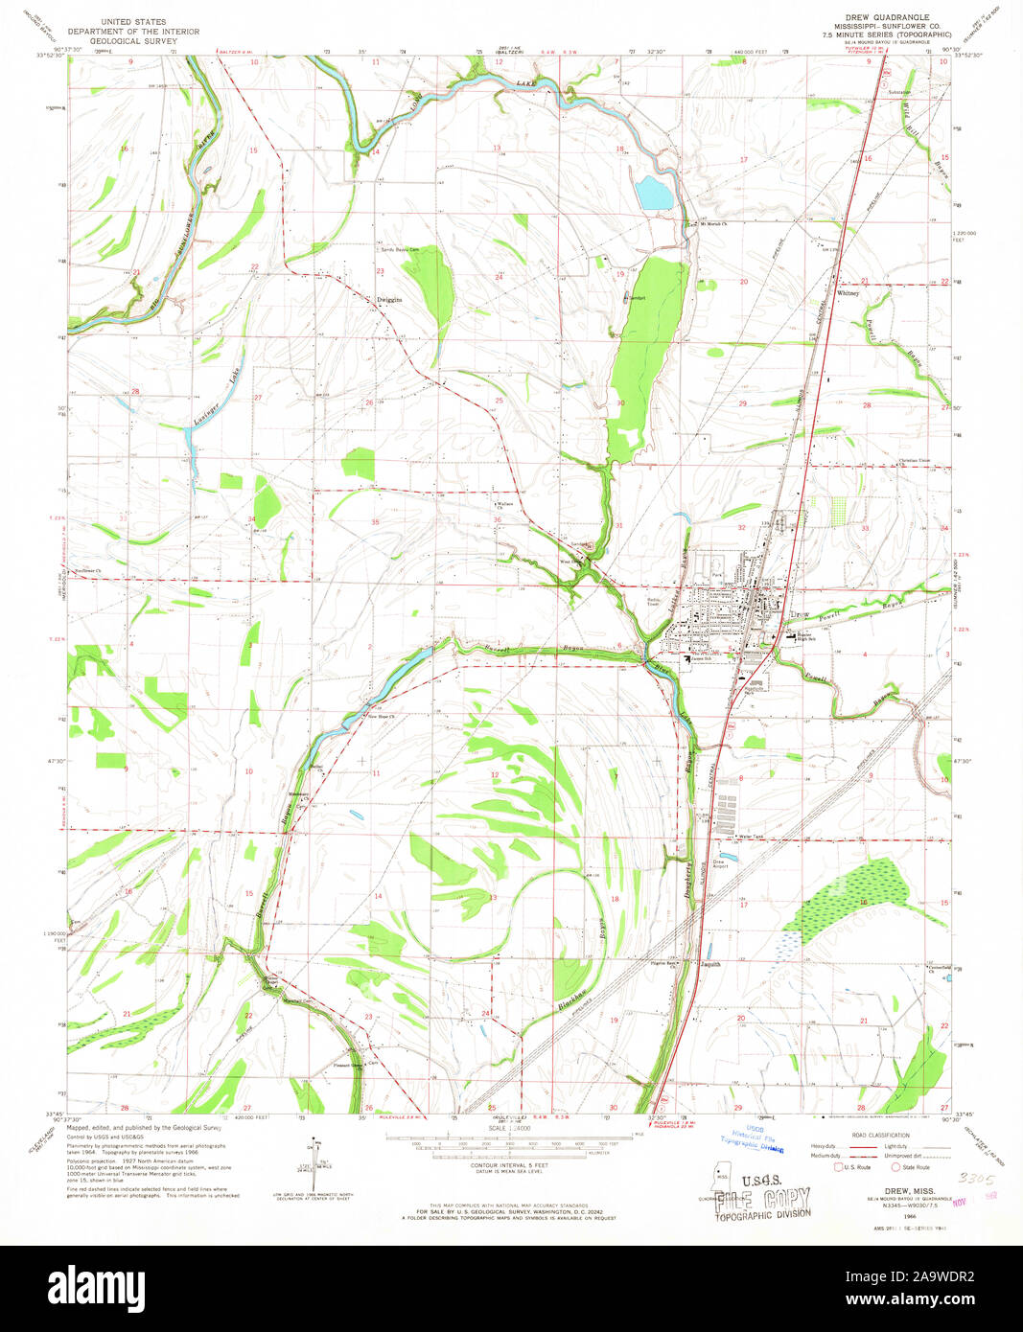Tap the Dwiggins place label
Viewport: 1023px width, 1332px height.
(x=387, y=299)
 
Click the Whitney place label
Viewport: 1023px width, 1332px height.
(x=849, y=293)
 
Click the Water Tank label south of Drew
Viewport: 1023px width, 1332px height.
(x=752, y=836)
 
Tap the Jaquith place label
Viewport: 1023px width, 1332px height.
(x=709, y=964)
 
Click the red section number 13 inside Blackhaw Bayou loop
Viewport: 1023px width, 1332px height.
(x=493, y=898)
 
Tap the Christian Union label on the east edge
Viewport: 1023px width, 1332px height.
(x=917, y=460)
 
